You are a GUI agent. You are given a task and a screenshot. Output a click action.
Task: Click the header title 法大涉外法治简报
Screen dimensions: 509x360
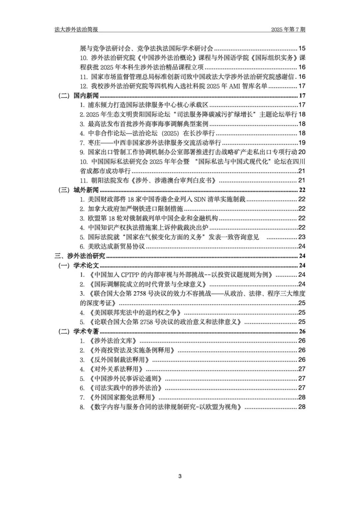click(76, 29)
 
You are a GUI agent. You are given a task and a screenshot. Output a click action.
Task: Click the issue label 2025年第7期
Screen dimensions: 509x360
click(288, 29)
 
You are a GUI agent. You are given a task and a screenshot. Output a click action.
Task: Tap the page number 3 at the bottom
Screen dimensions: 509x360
click(180, 476)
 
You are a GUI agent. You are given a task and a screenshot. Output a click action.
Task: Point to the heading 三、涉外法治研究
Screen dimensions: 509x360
click(80, 256)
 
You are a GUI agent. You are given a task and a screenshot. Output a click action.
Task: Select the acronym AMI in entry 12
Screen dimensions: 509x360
click(236, 86)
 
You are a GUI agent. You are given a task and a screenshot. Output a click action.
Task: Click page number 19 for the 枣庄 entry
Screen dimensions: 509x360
click(302, 143)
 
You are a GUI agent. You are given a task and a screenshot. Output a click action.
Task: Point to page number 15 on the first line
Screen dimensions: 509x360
click(302, 48)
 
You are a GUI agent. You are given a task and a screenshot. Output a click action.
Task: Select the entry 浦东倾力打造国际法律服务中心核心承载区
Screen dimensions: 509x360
click(148, 105)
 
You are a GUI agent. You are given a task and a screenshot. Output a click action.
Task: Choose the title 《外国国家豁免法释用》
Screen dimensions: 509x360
click(123, 397)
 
